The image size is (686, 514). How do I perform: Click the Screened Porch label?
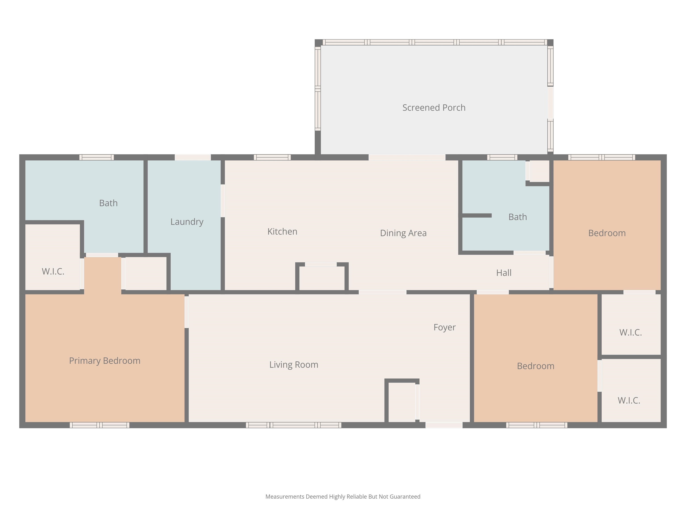tap(434, 108)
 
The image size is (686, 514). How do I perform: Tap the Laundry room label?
tap(187, 222)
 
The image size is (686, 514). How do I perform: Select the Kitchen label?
tap(282, 231)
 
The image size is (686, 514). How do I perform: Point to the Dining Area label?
tap(403, 233)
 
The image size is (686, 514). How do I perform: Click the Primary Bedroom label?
tap(105, 361)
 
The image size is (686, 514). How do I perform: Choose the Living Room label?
tap(294, 365)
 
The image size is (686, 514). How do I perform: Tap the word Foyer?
tap(444, 327)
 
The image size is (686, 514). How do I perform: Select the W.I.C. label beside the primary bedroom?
tap(53, 272)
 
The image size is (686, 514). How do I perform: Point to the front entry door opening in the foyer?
tap(444, 425)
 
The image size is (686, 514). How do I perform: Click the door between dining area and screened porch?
tap(407, 158)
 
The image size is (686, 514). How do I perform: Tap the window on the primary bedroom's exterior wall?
tap(100, 425)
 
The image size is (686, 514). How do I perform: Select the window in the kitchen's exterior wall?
tap(272, 158)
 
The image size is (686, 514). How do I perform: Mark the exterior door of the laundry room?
tap(193, 158)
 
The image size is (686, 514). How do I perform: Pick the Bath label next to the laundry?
tap(108, 203)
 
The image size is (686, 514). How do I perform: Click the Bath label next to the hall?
tap(518, 217)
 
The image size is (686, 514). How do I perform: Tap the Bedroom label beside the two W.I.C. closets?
tap(535, 366)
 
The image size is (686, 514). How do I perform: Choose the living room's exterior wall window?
tap(294, 425)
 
